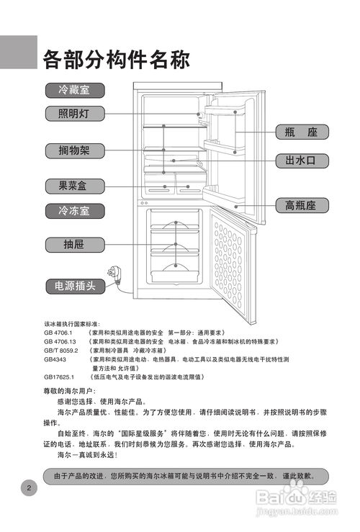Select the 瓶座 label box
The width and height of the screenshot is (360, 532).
click(x=302, y=132)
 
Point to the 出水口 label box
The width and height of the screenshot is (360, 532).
click(x=302, y=161)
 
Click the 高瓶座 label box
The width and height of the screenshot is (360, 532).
click(x=302, y=206)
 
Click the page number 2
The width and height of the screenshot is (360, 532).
click(x=28, y=487)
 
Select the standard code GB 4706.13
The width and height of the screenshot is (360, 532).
click(x=59, y=341)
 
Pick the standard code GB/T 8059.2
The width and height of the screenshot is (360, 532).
click(x=60, y=350)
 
